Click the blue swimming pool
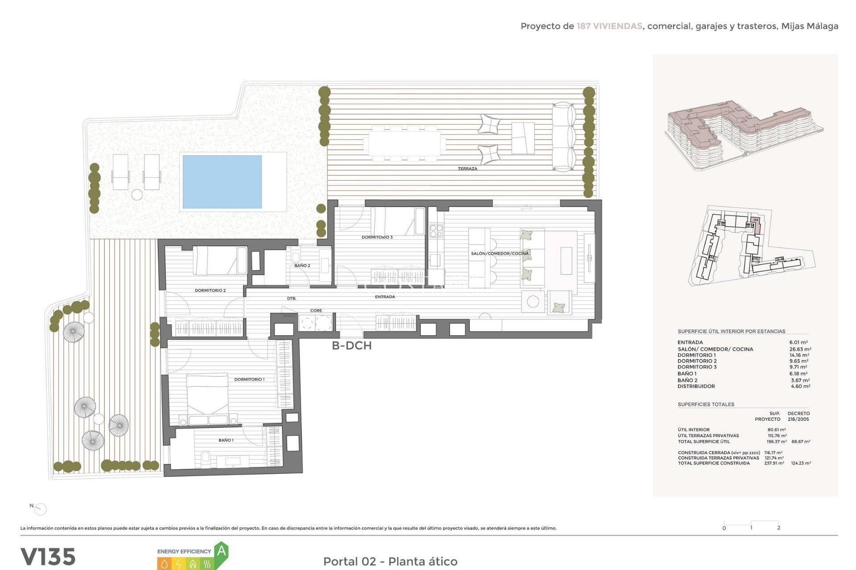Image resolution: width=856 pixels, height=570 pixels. (x=222, y=181)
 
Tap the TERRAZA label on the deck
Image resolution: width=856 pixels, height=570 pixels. (x=467, y=169)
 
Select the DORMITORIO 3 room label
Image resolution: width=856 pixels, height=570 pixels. (x=377, y=237)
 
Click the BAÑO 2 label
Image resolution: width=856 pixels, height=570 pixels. (x=302, y=265)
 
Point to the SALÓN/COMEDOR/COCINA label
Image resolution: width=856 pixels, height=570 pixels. (x=499, y=253)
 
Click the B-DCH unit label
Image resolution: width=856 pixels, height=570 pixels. (x=351, y=346)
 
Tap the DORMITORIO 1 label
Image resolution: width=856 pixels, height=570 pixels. (x=249, y=379)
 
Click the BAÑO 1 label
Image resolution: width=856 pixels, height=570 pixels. (x=226, y=440)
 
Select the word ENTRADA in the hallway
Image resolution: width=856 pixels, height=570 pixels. (x=385, y=297)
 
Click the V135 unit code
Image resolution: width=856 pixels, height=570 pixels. (x=48, y=557)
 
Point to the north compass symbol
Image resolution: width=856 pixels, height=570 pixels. (x=40, y=509)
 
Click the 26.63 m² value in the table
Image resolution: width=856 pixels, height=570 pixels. (x=800, y=349)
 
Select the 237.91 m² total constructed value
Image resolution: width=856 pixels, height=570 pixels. (x=774, y=463)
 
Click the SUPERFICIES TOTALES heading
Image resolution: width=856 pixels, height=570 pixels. (x=706, y=404)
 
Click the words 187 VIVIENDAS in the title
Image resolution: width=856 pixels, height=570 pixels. (x=609, y=26)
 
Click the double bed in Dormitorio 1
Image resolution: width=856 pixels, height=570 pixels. (x=208, y=399)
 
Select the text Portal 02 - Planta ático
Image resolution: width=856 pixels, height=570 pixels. (x=390, y=562)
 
